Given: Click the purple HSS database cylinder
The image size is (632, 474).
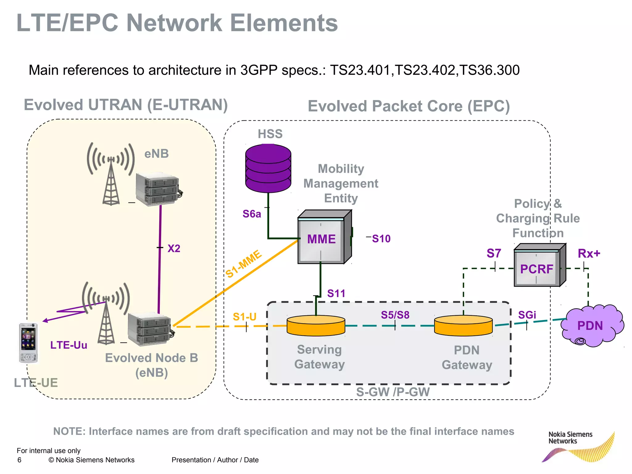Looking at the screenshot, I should click(268, 168).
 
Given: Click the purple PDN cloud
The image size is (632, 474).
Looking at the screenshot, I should click(590, 326).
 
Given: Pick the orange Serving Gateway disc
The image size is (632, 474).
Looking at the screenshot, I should click(316, 326).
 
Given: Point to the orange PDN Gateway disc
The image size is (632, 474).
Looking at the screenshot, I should click(463, 326).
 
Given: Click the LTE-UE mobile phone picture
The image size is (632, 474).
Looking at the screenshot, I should click(28, 343).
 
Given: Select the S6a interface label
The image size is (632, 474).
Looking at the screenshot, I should click(252, 214).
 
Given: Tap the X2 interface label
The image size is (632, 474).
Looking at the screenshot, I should click(174, 248).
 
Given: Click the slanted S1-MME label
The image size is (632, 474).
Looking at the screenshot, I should click(243, 264).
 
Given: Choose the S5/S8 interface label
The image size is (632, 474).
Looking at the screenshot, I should click(395, 315).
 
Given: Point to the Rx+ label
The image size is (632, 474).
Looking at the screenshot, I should click(589, 253).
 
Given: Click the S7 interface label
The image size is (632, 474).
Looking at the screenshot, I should click(494, 253).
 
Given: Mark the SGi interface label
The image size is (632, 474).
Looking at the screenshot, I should click(527, 315).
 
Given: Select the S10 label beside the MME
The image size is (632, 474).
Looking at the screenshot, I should click(381, 239).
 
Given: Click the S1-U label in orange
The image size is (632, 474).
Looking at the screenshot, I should click(244, 317).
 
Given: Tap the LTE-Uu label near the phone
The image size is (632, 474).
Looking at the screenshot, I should click(69, 345).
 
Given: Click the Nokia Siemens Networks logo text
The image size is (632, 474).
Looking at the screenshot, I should click(570, 438).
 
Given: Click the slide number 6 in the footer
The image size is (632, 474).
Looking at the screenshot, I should click(19, 460).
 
